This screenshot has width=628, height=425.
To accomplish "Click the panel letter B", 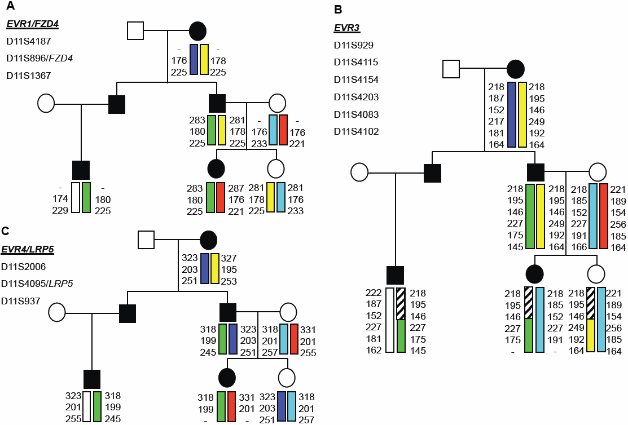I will (338, 10).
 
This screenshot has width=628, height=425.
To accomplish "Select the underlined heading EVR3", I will (346, 28).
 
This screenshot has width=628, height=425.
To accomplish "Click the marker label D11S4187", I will (28, 41).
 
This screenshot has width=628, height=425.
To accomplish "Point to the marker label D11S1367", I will (28, 75).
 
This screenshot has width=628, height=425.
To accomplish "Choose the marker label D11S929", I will (354, 45).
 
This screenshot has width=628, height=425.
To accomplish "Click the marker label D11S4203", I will (356, 97).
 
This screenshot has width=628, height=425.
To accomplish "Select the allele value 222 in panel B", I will (374, 293).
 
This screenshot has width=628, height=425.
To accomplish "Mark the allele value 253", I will (229, 281).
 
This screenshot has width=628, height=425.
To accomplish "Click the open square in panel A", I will (135, 30).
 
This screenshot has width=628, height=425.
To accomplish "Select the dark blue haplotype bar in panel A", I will (194, 59).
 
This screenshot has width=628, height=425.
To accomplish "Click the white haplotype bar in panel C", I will (87, 406).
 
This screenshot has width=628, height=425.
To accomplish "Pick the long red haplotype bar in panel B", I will (603, 216).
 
